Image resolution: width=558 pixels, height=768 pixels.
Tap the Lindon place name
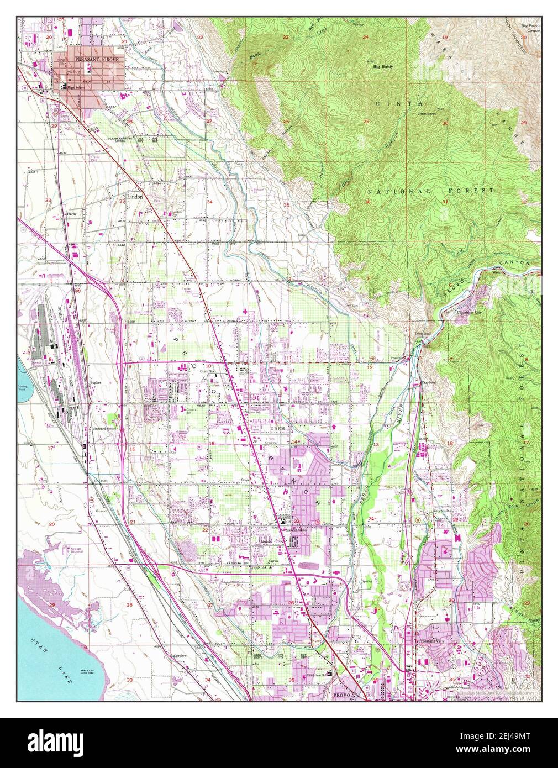[135, 196]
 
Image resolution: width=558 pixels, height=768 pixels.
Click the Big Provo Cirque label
[530, 28]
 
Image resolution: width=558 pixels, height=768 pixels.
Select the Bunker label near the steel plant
[94, 382]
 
